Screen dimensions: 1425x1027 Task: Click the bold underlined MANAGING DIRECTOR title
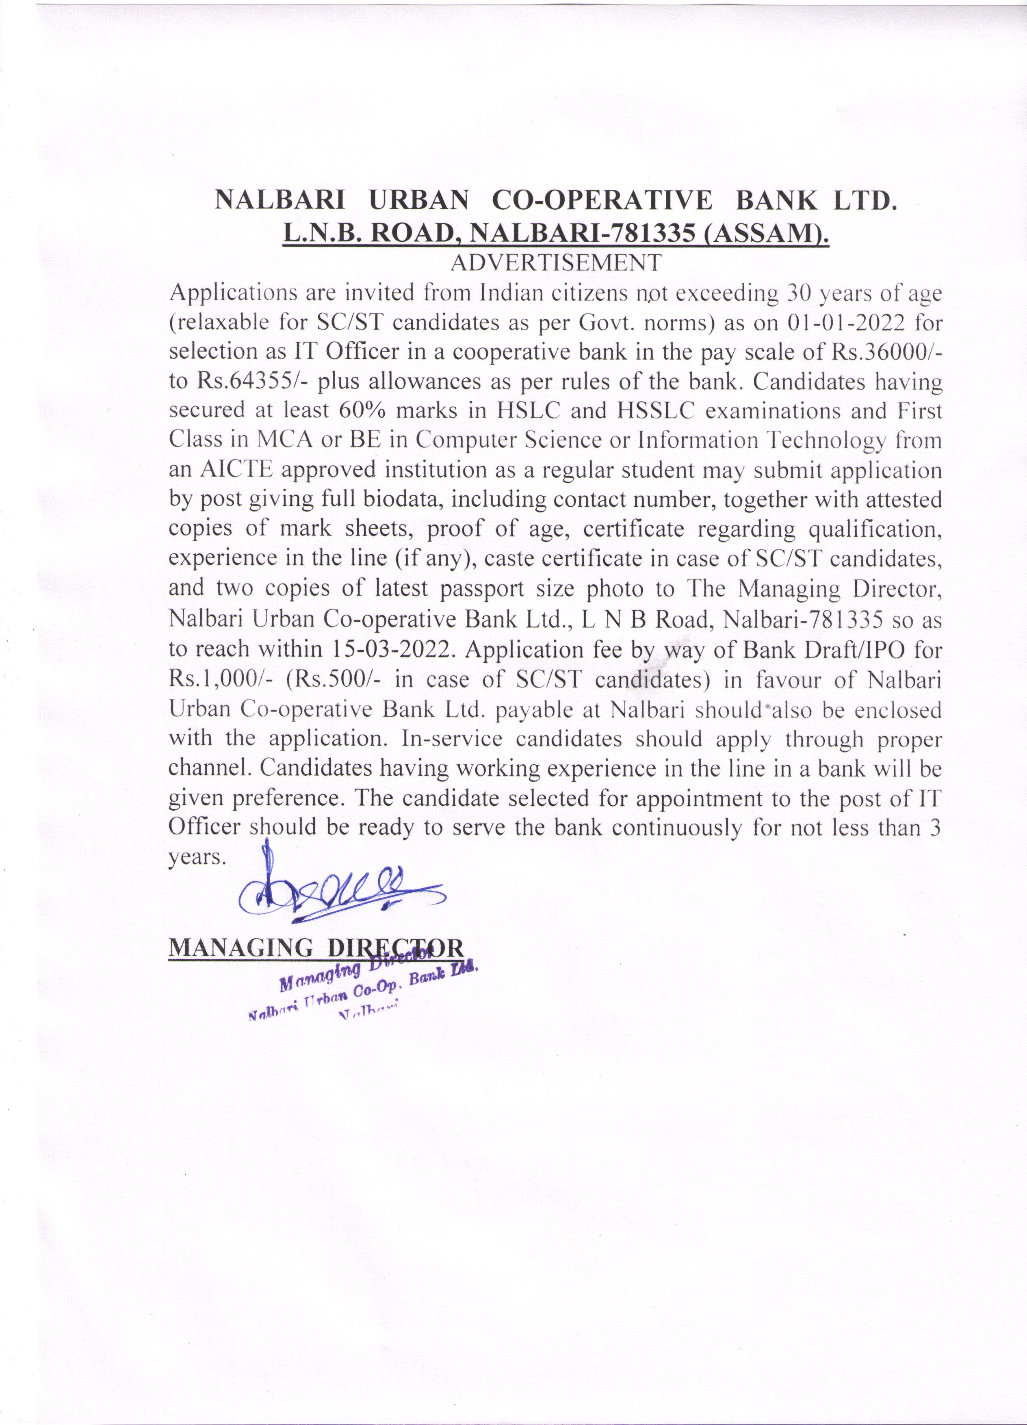316,948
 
